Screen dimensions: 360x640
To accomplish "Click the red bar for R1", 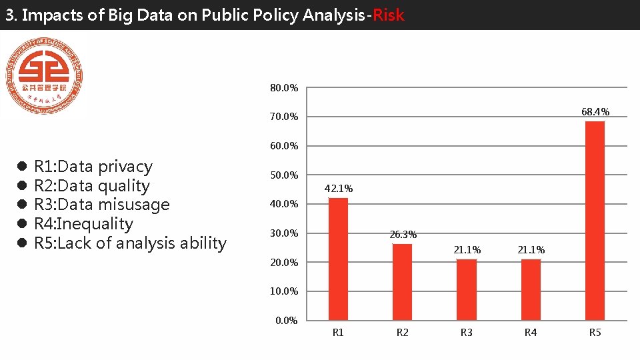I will (x=338, y=259).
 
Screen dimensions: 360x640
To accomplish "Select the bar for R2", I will (x=402, y=282).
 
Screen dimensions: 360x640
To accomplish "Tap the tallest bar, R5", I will (x=595, y=221).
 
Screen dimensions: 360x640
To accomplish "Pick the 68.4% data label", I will (x=595, y=111).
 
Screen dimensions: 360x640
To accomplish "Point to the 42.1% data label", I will (x=338, y=189).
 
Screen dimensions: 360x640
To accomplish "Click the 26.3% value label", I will (x=403, y=235).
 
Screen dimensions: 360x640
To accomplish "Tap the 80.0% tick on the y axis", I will (x=284, y=88).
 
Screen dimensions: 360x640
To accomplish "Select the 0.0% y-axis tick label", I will (x=287, y=321).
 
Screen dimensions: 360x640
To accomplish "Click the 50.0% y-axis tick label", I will (x=284, y=175).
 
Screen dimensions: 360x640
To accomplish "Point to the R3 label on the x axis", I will (x=467, y=333).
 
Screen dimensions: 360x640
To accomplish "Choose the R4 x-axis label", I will (x=531, y=333).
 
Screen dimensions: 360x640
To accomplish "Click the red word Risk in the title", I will (x=389, y=15).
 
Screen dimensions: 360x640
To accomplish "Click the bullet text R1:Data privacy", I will (x=93, y=167).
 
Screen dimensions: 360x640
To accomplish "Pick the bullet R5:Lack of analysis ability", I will (x=130, y=243).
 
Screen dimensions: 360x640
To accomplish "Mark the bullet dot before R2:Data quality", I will (x=21, y=186).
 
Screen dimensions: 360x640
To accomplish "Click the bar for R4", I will (x=531, y=290).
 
